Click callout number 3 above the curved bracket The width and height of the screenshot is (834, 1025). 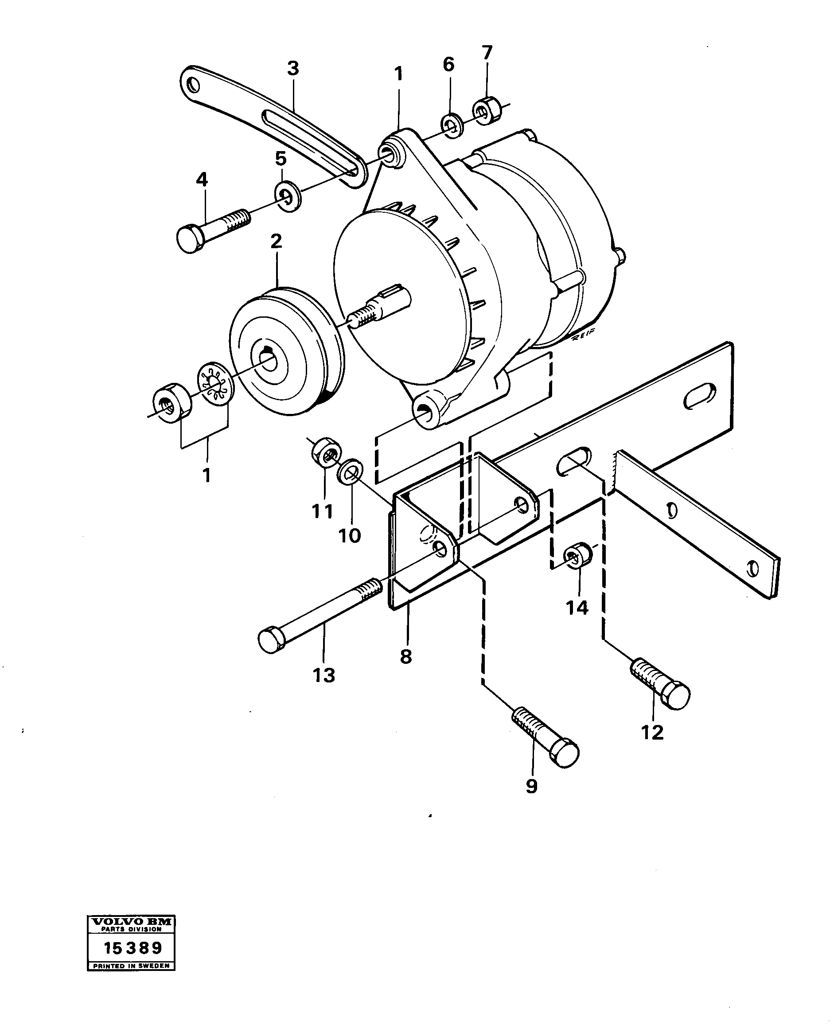click(293, 69)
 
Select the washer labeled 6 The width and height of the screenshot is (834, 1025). click(451, 126)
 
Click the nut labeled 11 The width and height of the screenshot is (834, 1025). click(326, 452)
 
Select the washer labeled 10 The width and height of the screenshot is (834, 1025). click(350, 472)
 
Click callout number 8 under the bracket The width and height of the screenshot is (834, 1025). click(406, 656)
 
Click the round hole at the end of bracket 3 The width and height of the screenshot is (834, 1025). click(193, 86)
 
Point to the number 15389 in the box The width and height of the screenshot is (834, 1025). click(133, 948)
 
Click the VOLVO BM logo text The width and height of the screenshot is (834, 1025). click(131, 922)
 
